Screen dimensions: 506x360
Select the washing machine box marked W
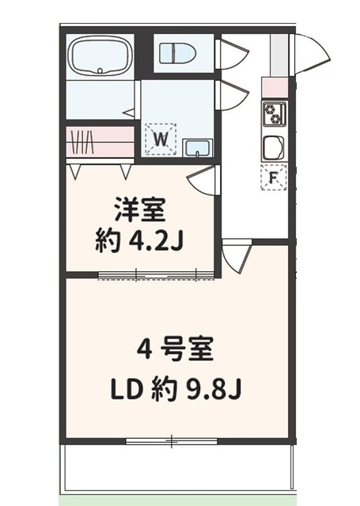pos(161,140)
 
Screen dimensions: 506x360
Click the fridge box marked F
pos(273,178)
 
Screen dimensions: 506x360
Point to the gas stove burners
pos(274,114)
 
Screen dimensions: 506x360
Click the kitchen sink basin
pos(274,148)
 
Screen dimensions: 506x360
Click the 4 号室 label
pos(178,349)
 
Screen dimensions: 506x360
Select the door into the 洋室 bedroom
pos(203,180)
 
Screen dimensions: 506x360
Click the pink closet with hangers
pos(99,142)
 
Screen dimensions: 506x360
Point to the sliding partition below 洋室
pos(157,275)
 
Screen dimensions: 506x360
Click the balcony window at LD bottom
pos(173,440)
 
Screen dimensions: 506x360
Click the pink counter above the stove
pos(274,88)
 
